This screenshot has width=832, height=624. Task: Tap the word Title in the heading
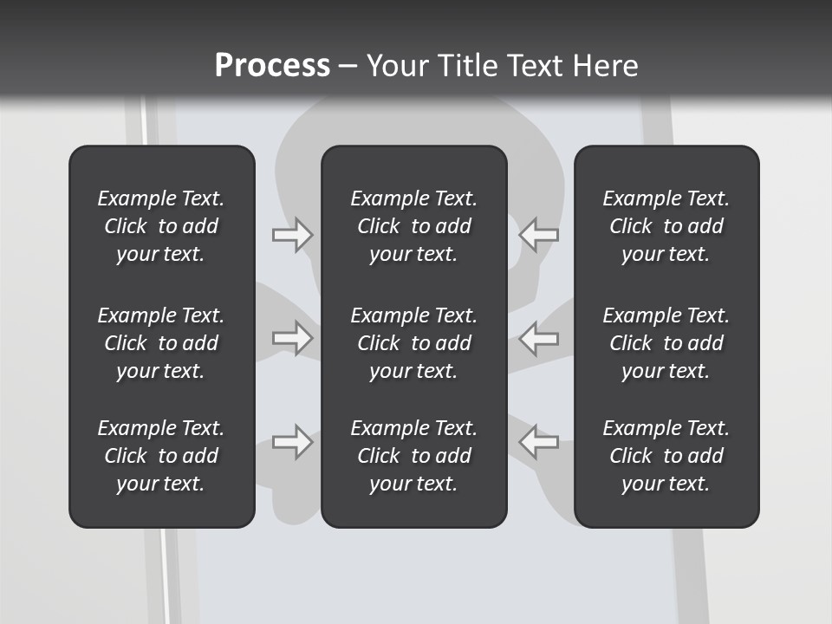pos(468,65)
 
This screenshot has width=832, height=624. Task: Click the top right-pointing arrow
pos(292,235)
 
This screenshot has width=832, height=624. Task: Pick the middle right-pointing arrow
pos(292,338)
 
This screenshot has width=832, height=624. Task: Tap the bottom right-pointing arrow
pos(292,441)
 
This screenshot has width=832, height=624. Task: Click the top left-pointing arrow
pos(538,235)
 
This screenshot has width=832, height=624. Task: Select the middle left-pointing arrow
pos(538,338)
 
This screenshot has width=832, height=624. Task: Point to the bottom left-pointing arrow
pos(538,441)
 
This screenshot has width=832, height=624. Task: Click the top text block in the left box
pos(161,226)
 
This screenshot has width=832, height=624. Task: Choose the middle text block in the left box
pos(161,343)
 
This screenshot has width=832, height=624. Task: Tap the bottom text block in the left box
pos(161,455)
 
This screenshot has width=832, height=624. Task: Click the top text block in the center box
pos(414,226)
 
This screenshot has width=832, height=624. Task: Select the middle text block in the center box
pos(414,343)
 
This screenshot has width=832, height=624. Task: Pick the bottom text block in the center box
pos(414,455)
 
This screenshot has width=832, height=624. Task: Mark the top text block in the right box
pos(666,226)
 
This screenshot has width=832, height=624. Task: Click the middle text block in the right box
pos(666,343)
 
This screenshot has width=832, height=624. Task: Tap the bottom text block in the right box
pos(666,455)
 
